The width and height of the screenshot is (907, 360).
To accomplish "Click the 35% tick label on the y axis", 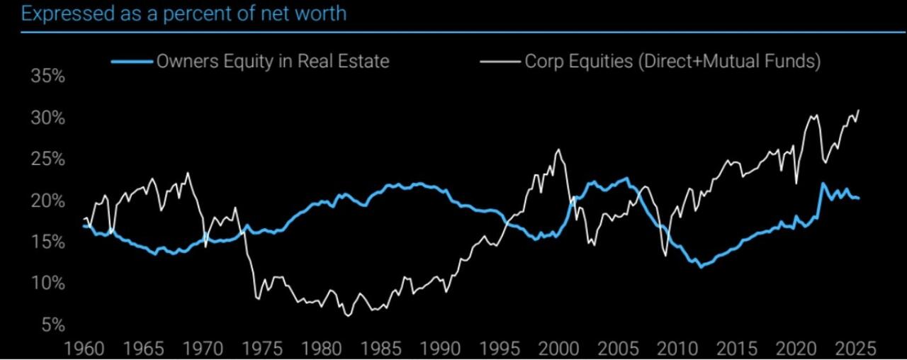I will pos(48,77).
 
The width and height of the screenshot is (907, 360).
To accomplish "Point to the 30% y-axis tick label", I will pos(48,118).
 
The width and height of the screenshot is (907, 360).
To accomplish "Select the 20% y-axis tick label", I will pos(48,201).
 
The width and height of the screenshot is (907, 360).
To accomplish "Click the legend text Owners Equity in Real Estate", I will pos(273,62).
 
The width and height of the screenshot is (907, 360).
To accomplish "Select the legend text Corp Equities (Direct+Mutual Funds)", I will pos(672,62).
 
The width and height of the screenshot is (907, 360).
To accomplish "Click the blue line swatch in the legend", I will pos(133,62).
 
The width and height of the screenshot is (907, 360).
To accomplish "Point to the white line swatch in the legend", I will pos(500,62).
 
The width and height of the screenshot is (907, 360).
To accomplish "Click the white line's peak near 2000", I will pos(558,150).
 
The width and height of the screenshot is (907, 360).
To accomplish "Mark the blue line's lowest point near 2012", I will pos(701,267).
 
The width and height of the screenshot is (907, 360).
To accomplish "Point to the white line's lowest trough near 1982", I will pos(348,315).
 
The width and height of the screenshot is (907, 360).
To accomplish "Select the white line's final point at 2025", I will pos(859,111).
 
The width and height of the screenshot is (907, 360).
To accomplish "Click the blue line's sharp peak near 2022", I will pos(823,184).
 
